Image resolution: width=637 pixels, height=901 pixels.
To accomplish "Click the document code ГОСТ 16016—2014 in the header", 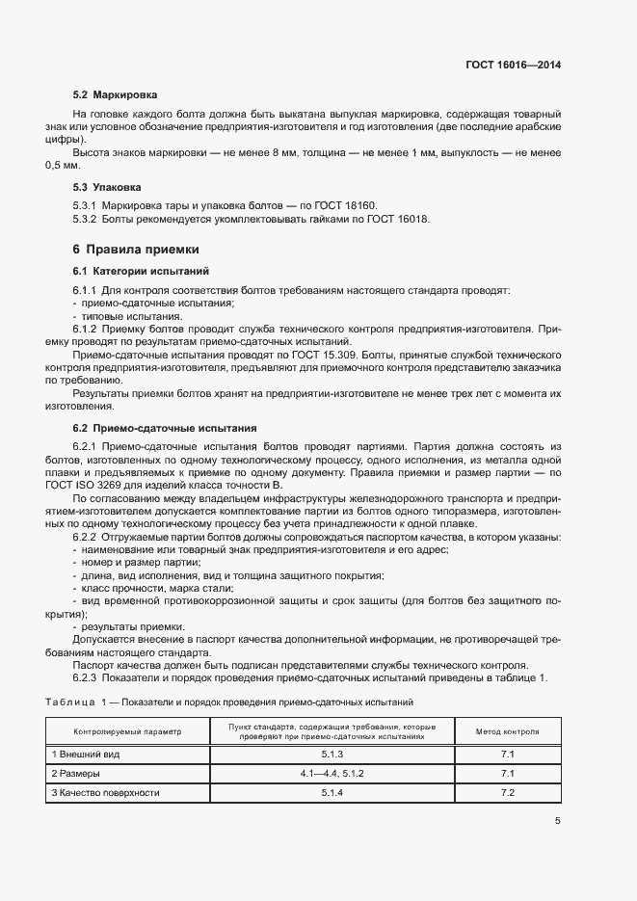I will click(515, 66).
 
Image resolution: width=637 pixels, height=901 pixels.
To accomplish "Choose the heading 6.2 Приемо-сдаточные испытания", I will click(150, 427).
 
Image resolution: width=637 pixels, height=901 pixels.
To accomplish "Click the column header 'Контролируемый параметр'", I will click(127, 732).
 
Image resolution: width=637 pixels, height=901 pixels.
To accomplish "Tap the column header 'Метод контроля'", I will click(508, 732).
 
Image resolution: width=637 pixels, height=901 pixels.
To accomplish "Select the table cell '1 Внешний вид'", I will click(86, 755).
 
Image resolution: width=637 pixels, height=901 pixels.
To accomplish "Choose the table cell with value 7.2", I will click(508, 793).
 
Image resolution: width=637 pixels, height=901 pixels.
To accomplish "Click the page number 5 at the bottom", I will click(557, 821).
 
